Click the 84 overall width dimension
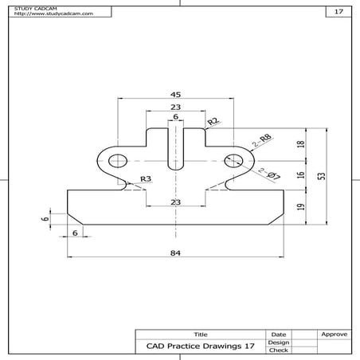click(175, 252)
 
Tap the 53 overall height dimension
click(320, 176)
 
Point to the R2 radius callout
click(213, 121)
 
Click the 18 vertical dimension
click(300, 144)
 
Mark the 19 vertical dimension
click(300, 206)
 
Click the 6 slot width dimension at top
click(175, 117)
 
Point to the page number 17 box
click(338, 12)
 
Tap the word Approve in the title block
click(333, 335)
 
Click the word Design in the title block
click(279, 342)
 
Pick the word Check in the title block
click(279, 350)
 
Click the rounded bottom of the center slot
click(175, 167)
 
